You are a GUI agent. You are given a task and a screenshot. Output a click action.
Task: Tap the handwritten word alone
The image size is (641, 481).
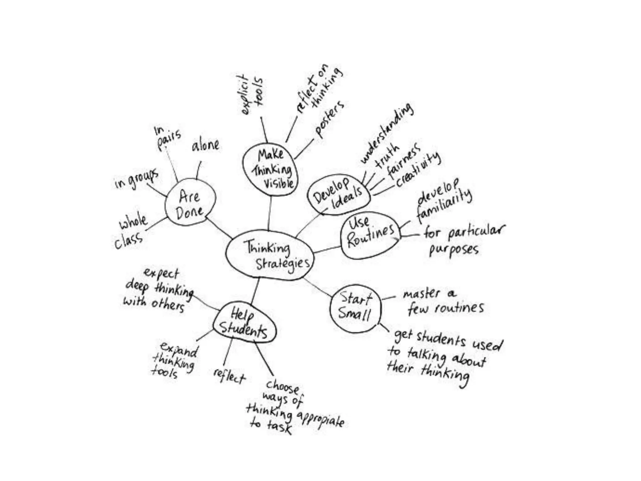pyautogui.click(x=205, y=145)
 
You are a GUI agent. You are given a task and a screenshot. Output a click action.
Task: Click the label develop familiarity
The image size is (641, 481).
pyautogui.click(x=443, y=200)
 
